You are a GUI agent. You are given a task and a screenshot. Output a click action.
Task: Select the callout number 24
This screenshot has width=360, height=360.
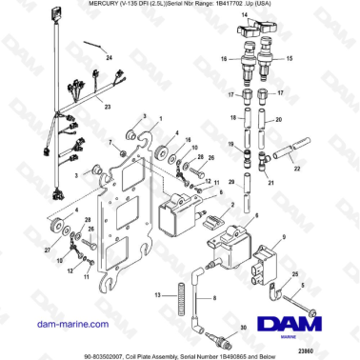click(x=109, y=58)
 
